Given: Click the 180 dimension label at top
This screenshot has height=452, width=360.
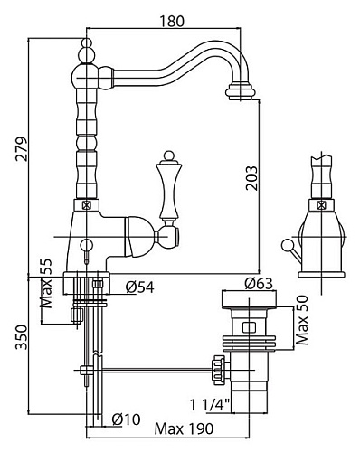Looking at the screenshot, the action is [x=171, y=21].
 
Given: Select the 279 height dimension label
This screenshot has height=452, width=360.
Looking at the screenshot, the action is [x=21, y=149].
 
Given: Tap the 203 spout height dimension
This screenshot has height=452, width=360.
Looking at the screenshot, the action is [x=251, y=178].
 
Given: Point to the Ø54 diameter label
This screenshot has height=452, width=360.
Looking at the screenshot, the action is [x=139, y=287].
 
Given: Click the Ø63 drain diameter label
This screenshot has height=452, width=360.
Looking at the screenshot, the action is [x=259, y=283].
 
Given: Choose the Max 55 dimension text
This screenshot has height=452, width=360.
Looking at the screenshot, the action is [x=46, y=283].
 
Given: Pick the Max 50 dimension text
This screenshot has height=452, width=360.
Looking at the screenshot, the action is [x=302, y=320].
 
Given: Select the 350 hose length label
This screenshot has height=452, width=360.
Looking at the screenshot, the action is [x=22, y=337].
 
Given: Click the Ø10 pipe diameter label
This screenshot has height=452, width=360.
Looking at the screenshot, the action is [x=126, y=419].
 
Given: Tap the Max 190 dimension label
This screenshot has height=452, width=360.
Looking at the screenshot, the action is [x=184, y=428].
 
